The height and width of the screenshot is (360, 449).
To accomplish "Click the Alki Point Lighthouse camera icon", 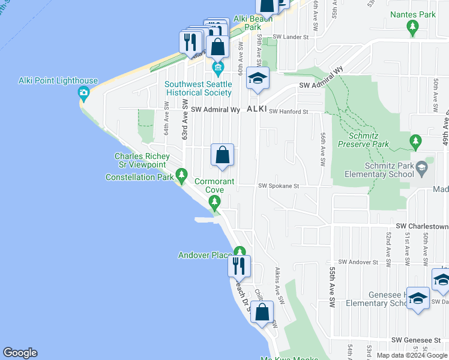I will pyautogui.click(x=83, y=92).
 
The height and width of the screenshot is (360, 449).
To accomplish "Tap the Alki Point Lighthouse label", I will pyautogui.click(x=58, y=81).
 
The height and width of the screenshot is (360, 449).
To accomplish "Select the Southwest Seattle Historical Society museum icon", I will pyautogui.click(x=218, y=66).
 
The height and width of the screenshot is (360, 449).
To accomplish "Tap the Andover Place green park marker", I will pyautogui.click(x=240, y=252).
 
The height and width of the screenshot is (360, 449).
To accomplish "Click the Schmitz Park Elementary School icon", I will pyautogui.click(x=421, y=166).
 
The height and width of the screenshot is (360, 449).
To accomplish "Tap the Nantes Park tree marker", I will pyautogui.click(x=412, y=26).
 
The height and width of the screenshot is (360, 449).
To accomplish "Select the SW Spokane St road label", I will pyautogui.click(x=279, y=186).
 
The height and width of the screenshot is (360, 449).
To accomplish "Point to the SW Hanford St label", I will pyautogui.click(x=288, y=112).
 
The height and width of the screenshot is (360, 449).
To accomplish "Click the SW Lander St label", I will pyautogui.click(x=290, y=37).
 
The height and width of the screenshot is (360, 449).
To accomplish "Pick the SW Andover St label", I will pyautogui.click(x=358, y=262).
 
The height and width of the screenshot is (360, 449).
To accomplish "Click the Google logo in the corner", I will pyautogui.click(x=20, y=353).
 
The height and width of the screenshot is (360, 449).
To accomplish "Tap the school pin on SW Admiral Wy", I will pyautogui.click(x=258, y=79).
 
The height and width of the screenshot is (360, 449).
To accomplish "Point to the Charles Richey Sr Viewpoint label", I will pyautogui.click(x=140, y=161).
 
